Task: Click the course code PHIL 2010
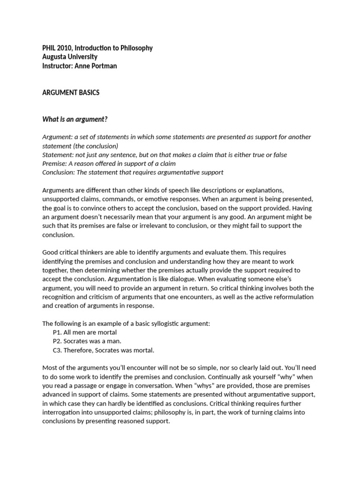56,48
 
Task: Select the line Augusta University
70,57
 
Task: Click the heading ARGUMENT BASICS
71,93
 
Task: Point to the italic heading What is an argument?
75,119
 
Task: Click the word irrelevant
153,226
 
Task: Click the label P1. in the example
58,332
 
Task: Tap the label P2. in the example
58,341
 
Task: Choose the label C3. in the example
58,350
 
